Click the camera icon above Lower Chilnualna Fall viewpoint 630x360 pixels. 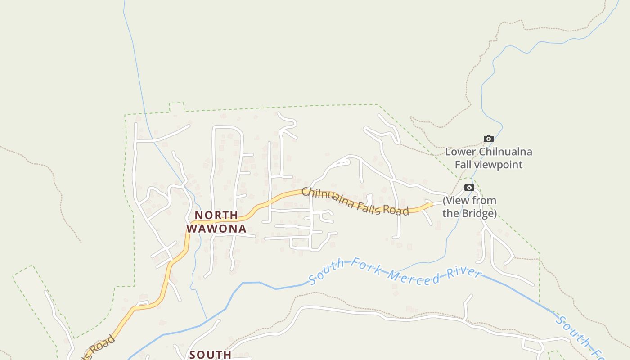488,139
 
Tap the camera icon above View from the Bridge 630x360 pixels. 469,187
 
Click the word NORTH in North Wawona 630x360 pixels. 216,216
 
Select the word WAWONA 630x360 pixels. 216,229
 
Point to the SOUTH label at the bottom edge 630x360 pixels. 211,355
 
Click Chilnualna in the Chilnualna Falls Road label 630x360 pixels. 328,198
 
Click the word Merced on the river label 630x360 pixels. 414,277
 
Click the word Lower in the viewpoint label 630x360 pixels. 460,152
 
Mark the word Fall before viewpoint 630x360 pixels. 463,165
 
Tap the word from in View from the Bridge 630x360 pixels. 485,201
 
